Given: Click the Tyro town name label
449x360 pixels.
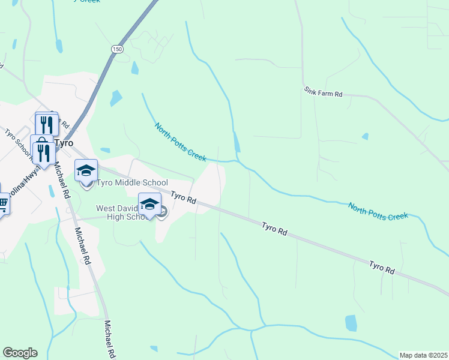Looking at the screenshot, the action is pyautogui.click(x=64, y=143).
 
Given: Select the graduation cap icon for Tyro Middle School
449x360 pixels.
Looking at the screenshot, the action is pyautogui.click(x=86, y=170).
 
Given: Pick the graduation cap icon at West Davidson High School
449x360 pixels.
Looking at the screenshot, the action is pyautogui.click(x=149, y=203).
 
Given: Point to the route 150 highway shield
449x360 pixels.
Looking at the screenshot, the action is pyautogui.click(x=117, y=49).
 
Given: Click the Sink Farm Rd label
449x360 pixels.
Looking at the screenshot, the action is pyautogui.click(x=323, y=94).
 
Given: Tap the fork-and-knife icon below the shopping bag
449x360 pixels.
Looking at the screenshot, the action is pyautogui.click(x=44, y=153).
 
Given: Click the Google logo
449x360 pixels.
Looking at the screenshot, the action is pyautogui.click(x=20, y=353).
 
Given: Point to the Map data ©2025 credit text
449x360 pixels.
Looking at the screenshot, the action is pyautogui.click(x=423, y=355).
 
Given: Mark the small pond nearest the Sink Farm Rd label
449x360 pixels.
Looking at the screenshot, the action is pyautogui.click(x=365, y=136).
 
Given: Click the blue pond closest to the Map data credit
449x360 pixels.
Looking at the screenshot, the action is pyautogui.click(x=351, y=323).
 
